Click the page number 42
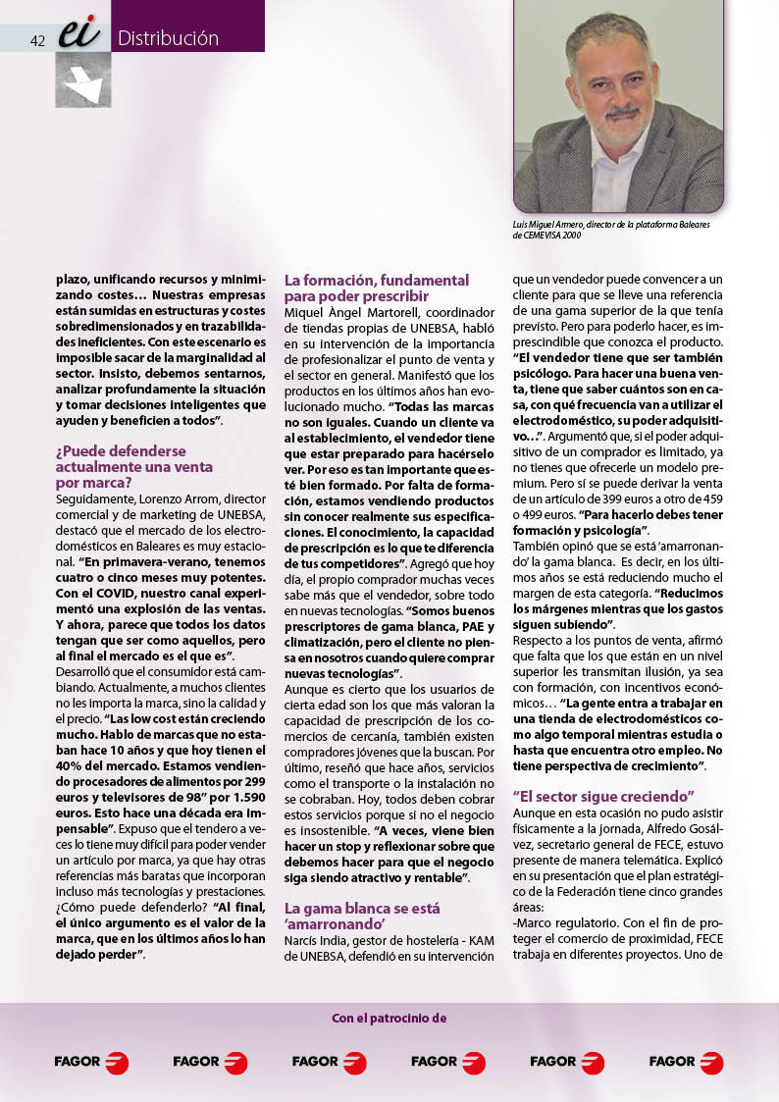(39, 40)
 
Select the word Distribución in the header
(168, 39)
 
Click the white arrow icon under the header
(83, 80)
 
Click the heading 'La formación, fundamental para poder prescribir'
(377, 288)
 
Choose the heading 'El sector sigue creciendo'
(603, 794)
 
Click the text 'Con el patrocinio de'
(389, 1018)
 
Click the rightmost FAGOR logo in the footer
(686, 1062)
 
